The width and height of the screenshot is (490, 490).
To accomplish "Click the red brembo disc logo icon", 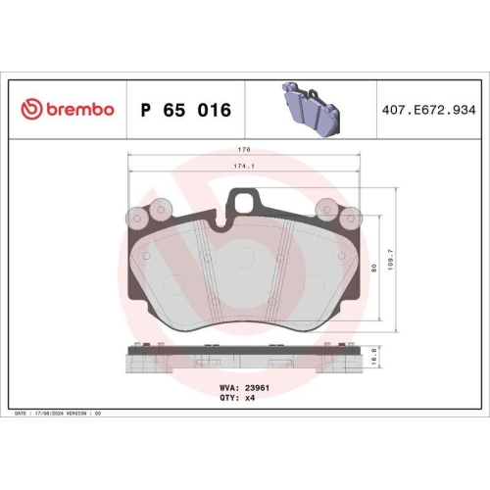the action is (31, 109).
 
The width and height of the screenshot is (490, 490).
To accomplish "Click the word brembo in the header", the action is (80, 109).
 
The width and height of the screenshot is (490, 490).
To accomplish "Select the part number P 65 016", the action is (186, 110).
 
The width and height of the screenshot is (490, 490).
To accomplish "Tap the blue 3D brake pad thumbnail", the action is (311, 109).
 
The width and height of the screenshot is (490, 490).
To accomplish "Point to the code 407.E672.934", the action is (429, 110).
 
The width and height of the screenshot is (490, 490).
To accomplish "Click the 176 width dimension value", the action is (244, 149).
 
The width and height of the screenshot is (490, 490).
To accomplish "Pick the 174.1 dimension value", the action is (244, 166).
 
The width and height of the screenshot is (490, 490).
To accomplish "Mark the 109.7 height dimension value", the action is (391, 260).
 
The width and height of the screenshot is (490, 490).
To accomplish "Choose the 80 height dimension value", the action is (374, 268).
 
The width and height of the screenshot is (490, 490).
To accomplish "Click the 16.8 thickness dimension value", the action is (374, 357).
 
